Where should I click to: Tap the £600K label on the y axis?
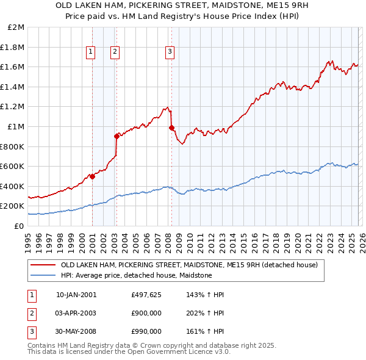pyautogui.click(x=13, y=166)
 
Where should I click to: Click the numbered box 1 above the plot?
pyautogui.click(x=90, y=52)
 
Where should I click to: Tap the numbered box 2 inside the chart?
pyautogui.click(x=115, y=52)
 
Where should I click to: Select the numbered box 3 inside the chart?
pyautogui.click(x=170, y=52)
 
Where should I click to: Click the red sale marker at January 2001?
pyautogui.click(x=92, y=176)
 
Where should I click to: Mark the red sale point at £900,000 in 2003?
pyautogui.click(x=117, y=136)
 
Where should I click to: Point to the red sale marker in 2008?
pyautogui.click(x=172, y=128)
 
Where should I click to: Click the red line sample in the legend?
pyautogui.click(x=43, y=265)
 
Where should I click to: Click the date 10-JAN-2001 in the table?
pyautogui.click(x=76, y=295)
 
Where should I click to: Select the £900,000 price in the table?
pyautogui.click(x=146, y=313)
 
